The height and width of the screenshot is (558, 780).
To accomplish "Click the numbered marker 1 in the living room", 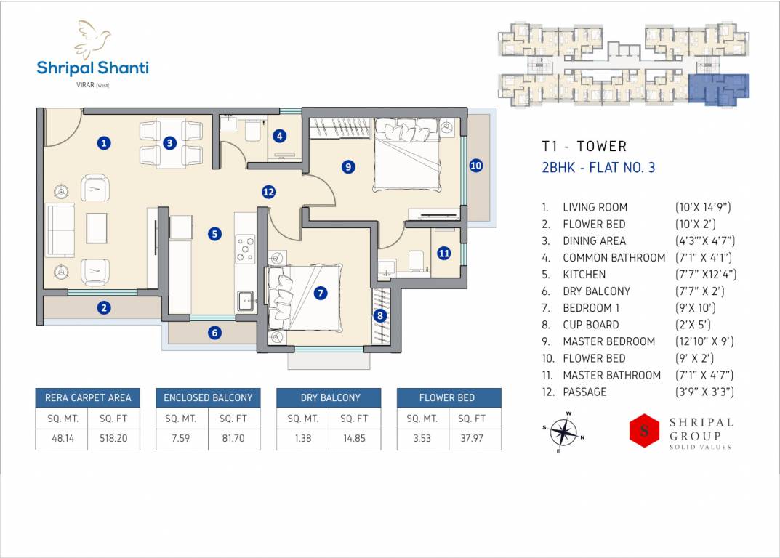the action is (103, 143).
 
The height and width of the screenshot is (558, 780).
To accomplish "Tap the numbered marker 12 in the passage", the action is (269, 192).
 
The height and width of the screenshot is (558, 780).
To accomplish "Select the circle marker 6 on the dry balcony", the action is (215, 333).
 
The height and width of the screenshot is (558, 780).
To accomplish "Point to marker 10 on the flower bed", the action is (476, 166).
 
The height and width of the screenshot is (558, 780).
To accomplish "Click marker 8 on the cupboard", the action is (380, 315).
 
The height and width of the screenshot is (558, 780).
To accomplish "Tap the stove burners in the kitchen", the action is (245, 249).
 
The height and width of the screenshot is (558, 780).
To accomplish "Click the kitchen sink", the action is (245, 300).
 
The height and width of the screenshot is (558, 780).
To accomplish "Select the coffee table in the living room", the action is (97, 228).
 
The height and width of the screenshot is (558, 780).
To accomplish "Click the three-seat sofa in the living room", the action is (60, 230).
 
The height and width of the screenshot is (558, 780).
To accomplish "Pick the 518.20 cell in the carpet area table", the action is (113, 438).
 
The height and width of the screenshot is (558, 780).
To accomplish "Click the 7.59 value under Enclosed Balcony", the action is (180, 438).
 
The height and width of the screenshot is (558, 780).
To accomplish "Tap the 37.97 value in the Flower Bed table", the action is (471, 438).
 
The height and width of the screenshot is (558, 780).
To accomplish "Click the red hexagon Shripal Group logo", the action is (644, 430).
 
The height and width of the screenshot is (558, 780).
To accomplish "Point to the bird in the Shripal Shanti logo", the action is (92, 39).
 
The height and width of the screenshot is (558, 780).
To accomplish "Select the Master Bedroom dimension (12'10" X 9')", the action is (704, 341).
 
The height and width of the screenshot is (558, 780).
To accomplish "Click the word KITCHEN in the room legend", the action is (584, 275).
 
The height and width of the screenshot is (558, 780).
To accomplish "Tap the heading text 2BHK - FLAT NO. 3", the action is (598, 168).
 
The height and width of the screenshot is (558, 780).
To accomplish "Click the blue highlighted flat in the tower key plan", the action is (719, 89).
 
